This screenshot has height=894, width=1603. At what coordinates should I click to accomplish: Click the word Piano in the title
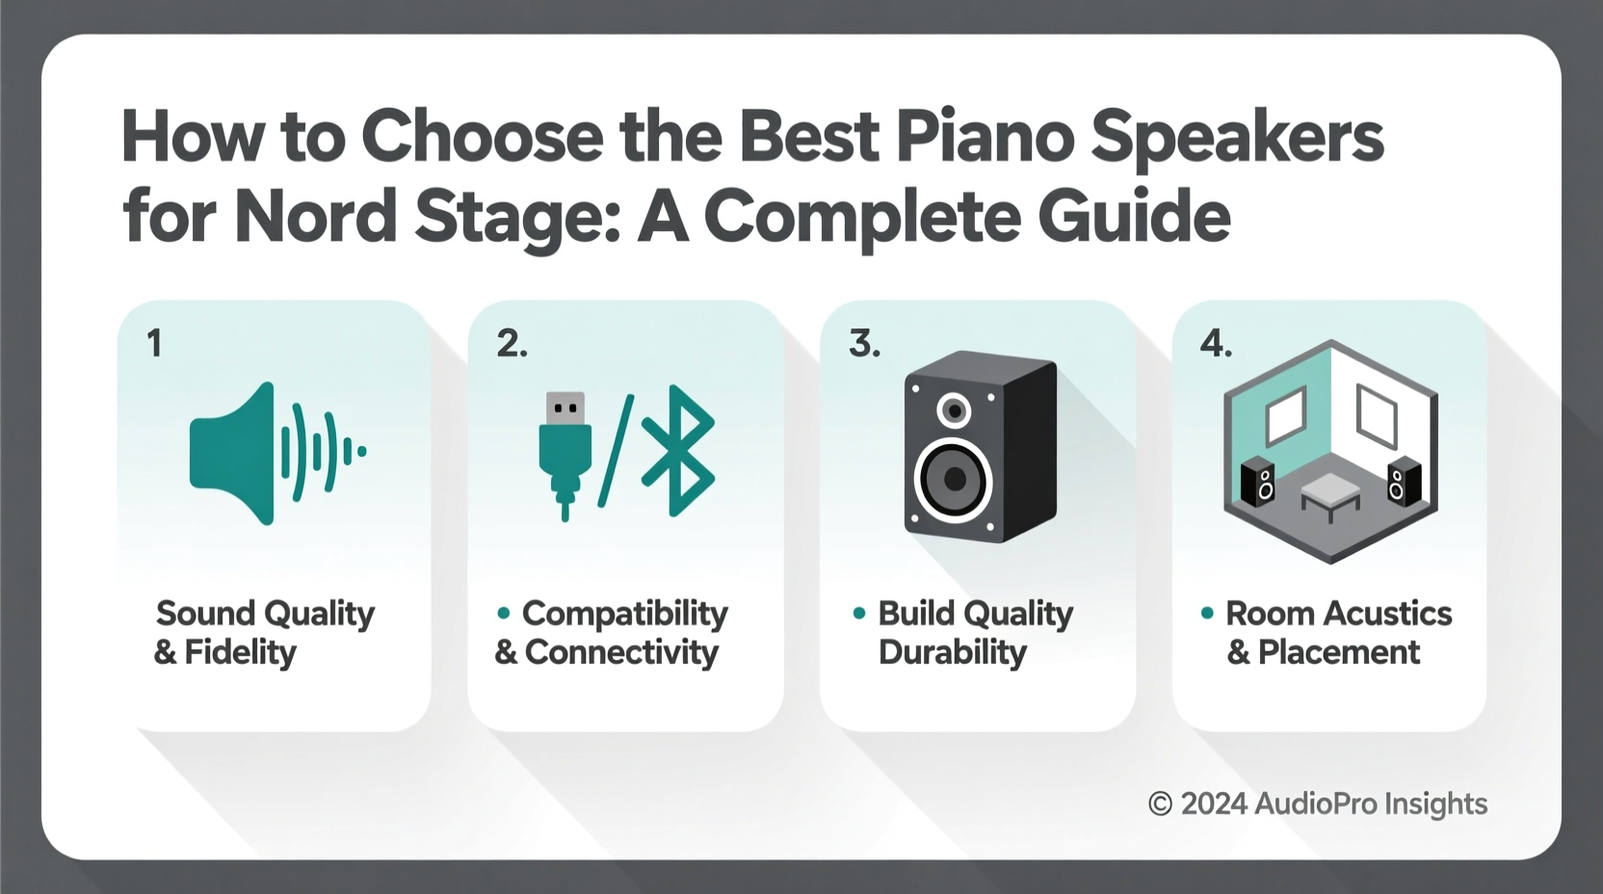tap(985, 138)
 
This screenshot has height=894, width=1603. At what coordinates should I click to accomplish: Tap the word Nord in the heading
tap(314, 216)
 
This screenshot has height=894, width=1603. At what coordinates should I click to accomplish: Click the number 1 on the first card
tap(154, 344)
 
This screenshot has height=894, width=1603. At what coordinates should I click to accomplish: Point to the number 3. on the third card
tap(864, 344)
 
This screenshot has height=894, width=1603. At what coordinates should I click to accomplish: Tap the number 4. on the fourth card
tap(1216, 344)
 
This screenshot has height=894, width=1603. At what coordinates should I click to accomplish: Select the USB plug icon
tap(565, 453)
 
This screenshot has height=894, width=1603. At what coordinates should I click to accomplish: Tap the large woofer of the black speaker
tap(954, 479)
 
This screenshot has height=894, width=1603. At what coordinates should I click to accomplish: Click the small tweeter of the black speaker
tap(954, 411)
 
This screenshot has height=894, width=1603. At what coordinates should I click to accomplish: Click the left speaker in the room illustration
tap(1258, 482)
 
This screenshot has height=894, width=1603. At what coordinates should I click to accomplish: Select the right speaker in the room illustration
tap(1403, 482)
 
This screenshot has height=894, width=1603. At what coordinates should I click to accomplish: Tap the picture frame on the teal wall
tap(1285, 416)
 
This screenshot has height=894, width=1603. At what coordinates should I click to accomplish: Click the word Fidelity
tap(240, 653)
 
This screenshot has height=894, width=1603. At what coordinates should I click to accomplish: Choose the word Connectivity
tap(621, 653)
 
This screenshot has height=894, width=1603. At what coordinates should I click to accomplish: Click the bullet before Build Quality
tap(859, 613)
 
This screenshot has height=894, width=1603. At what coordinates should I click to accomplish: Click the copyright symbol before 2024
tap(1160, 804)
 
